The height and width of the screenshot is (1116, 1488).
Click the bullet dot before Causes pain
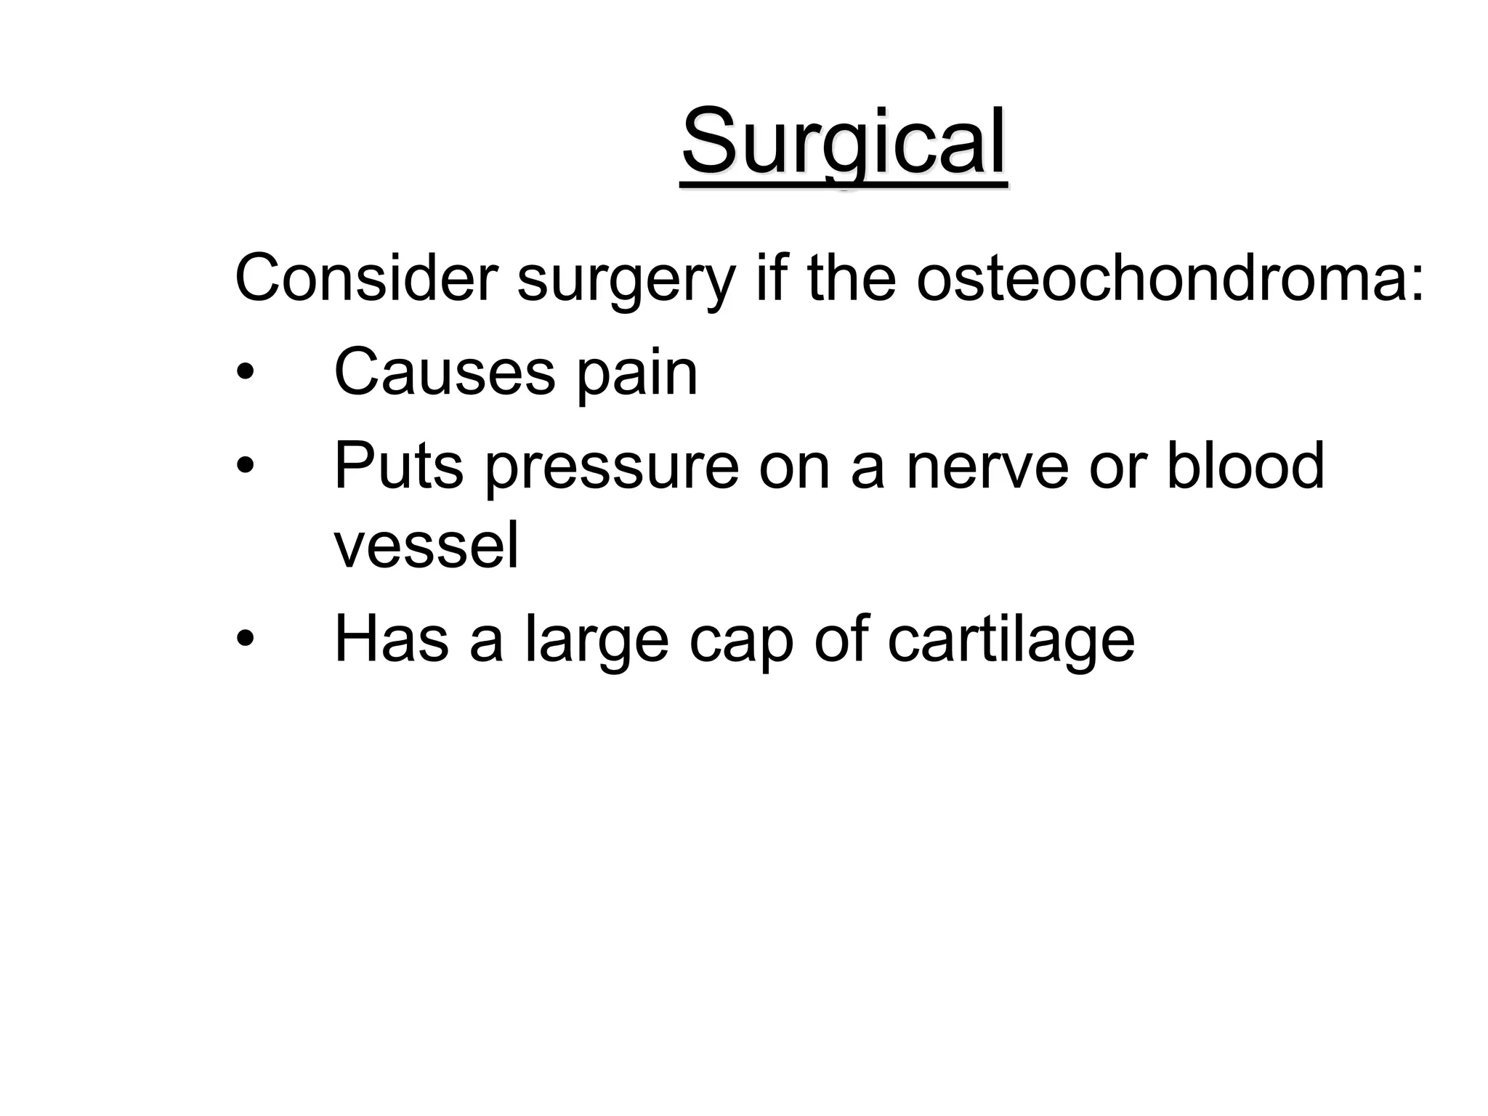[x=246, y=373]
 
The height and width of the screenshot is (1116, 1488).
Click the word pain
[x=636, y=376]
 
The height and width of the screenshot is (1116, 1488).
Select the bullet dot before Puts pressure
[x=246, y=466]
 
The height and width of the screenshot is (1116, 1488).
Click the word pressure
[x=611, y=469]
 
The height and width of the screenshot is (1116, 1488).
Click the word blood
[x=1245, y=466]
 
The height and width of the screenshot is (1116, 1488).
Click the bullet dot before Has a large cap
[x=246, y=639]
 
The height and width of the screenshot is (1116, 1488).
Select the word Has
[x=391, y=639]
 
